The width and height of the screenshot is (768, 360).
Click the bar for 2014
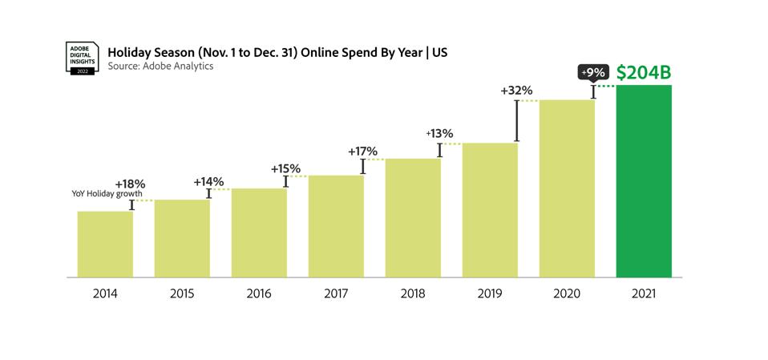coord(105,244)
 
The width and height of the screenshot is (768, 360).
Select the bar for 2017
coord(336,225)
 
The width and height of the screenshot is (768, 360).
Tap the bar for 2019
coord(490,209)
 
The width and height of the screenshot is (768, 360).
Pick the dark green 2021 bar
coord(643,180)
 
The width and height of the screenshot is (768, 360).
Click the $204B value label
coord(643,73)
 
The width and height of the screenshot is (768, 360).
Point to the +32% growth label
coord(516,91)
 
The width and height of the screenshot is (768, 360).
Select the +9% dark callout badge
coord(593,72)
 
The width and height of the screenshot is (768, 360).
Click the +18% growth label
coord(130,184)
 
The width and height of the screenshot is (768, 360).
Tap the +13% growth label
coord(439,133)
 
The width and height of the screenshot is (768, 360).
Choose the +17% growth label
coord(362,151)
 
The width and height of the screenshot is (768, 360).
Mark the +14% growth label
coord(208,181)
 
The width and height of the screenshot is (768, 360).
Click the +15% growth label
coord(285,168)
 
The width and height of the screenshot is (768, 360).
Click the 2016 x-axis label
coord(259,293)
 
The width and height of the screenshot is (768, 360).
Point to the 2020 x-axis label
coord(567,293)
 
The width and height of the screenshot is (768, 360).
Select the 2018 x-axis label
coord(413,293)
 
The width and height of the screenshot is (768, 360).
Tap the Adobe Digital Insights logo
coord(82,59)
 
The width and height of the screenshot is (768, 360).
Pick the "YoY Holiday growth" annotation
coord(107,194)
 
